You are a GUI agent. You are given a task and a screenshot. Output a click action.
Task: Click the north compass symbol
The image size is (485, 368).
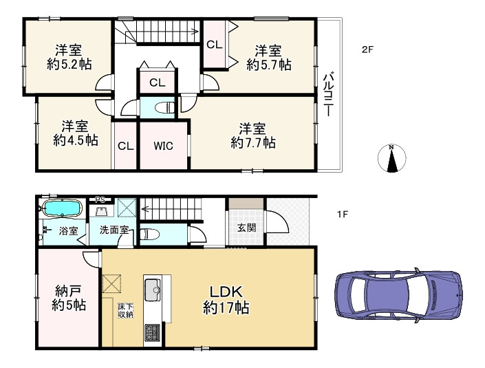[x=392, y=158]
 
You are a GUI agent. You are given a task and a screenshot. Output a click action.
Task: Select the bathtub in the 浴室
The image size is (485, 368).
[x=62, y=208]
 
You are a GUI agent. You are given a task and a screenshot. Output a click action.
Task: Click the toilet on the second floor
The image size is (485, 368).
[x=164, y=107]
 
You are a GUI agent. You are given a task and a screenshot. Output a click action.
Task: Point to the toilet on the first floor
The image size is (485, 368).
[x=149, y=235]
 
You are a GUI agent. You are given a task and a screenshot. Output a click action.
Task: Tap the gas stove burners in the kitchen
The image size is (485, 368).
[x=151, y=332]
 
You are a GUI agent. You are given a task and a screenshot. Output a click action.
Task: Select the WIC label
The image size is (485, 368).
[x=163, y=146]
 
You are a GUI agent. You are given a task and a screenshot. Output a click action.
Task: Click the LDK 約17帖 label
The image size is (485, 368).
[x=226, y=300]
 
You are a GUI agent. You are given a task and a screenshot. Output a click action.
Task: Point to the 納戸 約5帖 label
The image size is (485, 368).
[x=69, y=298]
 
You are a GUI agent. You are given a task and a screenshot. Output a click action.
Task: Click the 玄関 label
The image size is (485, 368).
[x=246, y=228]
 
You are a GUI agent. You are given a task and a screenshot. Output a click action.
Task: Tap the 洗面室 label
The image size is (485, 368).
[x=114, y=230]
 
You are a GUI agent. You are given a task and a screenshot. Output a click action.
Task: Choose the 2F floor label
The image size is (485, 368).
[x=368, y=50]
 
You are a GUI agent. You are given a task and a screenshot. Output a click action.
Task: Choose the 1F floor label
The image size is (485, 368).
[x=343, y=214]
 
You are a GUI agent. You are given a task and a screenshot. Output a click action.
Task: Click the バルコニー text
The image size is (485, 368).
[x=328, y=94]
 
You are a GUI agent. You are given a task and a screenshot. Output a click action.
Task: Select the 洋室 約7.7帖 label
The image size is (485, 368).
[x=252, y=136]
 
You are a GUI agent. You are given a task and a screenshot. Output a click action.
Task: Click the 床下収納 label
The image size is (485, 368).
[x=125, y=311]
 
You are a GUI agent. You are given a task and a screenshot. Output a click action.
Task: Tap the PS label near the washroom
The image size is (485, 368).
[x=100, y=199]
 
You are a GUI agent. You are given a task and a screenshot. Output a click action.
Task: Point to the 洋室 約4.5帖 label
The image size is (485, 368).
[x=75, y=133]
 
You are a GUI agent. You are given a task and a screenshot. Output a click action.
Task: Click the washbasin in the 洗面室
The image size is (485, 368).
[x=100, y=212]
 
